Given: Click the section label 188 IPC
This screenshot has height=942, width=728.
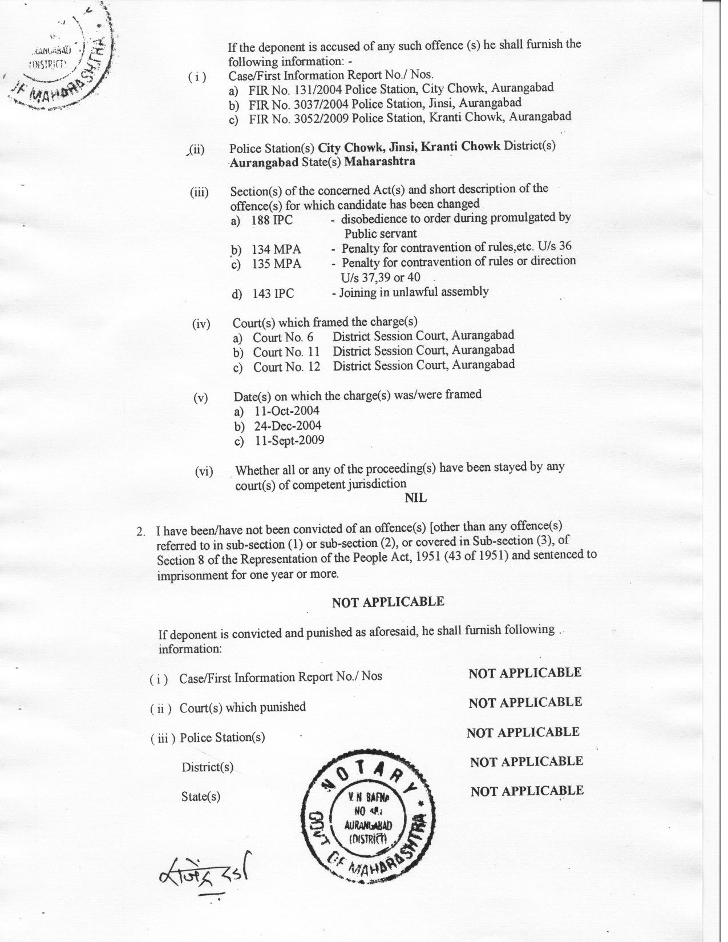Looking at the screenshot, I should tap(272, 220).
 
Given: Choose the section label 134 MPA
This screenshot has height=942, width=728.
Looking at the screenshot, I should tap(277, 249).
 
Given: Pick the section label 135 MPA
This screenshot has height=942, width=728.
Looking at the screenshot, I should tap(277, 264).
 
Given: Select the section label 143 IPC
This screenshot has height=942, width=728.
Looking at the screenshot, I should tap(273, 293).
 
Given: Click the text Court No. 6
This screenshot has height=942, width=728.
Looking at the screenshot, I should tap(283, 337).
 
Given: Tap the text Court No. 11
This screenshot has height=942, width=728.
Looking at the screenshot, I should tap(286, 352).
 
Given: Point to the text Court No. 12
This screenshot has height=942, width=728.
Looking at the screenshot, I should tap(286, 367).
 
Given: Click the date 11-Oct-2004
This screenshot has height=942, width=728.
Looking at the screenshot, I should tap(287, 411).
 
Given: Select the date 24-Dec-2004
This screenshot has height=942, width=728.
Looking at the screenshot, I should tap(288, 426).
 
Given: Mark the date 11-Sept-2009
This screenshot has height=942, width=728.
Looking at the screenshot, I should tap(289, 441).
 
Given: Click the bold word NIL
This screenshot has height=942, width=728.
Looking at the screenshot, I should tap(415, 498).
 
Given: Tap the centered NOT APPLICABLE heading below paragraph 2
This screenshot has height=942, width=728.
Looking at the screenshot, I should tap(388, 602).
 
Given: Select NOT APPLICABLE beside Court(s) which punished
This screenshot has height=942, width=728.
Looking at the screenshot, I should tap(525, 702).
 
